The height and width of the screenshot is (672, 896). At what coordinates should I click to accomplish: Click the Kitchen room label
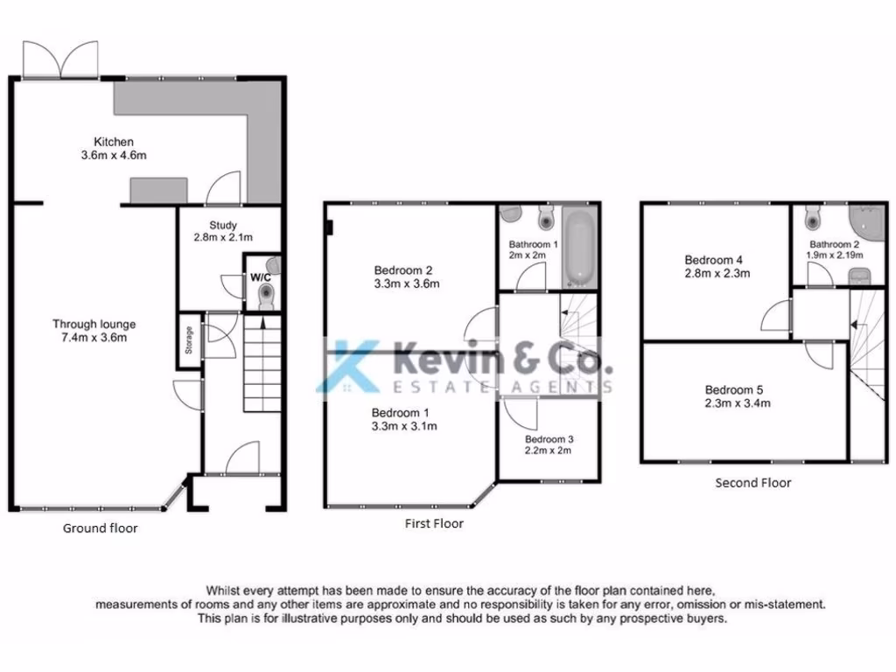pyautogui.click(x=115, y=142)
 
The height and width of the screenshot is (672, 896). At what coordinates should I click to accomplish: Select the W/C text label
pyautogui.click(x=261, y=276)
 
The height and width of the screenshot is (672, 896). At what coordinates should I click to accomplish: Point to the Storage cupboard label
pyautogui.click(x=188, y=339)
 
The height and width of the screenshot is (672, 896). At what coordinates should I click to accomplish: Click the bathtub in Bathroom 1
pyautogui.click(x=578, y=248)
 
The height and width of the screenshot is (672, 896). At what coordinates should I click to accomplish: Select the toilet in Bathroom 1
pyautogui.click(x=546, y=214)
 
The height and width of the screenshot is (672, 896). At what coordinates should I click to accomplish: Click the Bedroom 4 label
pyautogui.click(x=714, y=260)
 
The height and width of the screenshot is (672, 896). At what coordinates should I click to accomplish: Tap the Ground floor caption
pyautogui.click(x=100, y=528)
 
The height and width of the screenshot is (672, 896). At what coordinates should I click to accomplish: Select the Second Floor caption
pyautogui.click(x=752, y=482)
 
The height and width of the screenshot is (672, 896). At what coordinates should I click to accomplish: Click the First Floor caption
pyautogui.click(x=435, y=523)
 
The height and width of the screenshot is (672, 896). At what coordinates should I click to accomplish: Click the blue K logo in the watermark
pyautogui.click(x=351, y=365)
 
